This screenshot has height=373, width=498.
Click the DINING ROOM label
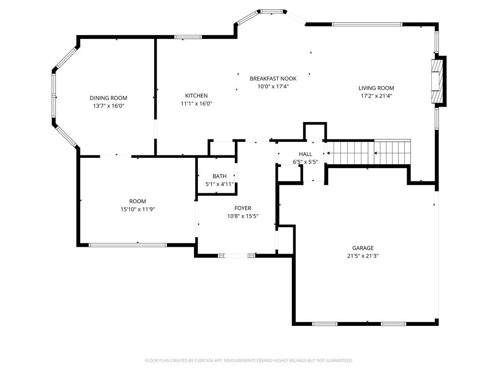(108, 98)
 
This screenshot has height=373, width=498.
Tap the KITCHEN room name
(196, 96)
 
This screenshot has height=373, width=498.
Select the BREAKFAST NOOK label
(273, 78)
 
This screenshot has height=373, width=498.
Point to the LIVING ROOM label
(376, 88)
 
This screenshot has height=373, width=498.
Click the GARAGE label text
(363, 248)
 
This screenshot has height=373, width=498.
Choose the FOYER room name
(243, 208)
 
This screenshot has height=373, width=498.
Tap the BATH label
(219, 176)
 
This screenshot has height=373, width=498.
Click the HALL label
(305, 154)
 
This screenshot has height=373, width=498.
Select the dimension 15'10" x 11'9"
(138, 209)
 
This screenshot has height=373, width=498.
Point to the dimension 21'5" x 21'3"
(363, 256)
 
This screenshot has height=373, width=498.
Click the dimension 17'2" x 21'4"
(376, 96)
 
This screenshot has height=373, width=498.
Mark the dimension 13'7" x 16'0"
(108, 106)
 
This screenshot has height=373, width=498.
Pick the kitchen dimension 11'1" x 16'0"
(196, 103)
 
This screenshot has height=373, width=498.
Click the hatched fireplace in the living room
(437, 81)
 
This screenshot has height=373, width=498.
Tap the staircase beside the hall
(369, 153)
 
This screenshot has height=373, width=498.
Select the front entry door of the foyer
(236, 255)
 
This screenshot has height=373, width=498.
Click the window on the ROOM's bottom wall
(128, 245)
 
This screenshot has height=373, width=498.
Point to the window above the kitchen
(188, 37)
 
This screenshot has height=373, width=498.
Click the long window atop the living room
(367, 24)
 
